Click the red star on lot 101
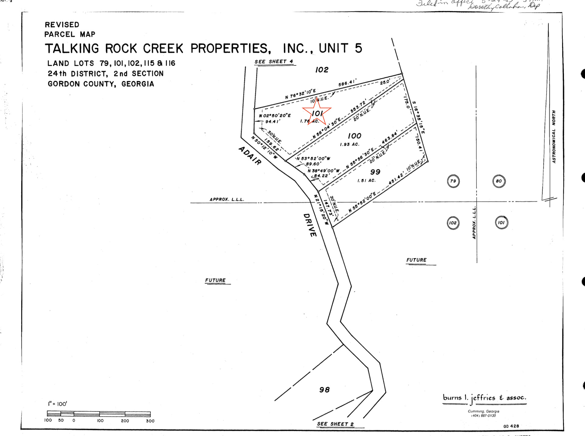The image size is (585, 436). pos(317,112)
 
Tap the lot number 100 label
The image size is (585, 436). pos(354,136)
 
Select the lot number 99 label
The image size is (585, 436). pos(375,172)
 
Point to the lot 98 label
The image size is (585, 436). pos(324,390)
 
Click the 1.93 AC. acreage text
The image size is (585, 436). pos(349,144)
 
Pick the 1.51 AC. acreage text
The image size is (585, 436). pos(366,181)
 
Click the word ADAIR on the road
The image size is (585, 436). pos(250,156)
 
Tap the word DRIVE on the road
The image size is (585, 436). pos(310,225)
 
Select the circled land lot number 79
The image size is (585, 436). pos(453,181)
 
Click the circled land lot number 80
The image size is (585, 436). pos(499,181)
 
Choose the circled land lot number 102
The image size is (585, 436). pos(453,223)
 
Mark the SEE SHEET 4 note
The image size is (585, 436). pos(274,62)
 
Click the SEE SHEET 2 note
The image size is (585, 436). pos(335,424)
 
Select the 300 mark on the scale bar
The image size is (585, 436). pos(150,421)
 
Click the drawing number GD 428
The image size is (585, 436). pos(511,426)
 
